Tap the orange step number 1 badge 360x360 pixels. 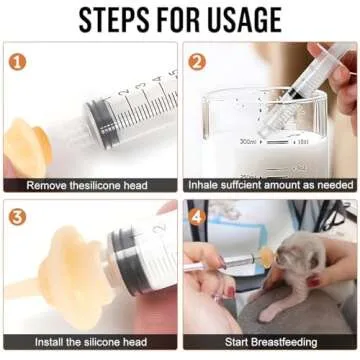pos(17,60)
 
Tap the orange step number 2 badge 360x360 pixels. pos(198,60)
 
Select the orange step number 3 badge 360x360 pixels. pos(17,217)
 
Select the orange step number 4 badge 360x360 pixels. pos(198,217)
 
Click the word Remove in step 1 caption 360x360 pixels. pos(47,185)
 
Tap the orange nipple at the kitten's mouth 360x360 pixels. pos(267,258)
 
